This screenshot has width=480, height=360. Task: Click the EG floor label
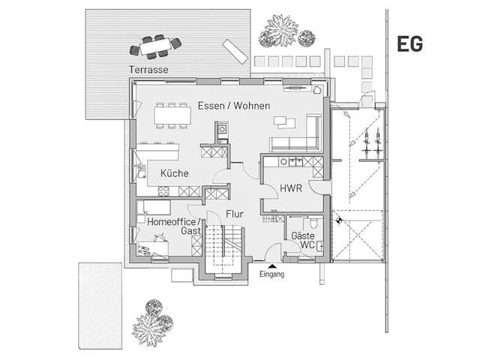[x=409, y=44]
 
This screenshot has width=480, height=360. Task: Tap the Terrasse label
[x=148, y=70]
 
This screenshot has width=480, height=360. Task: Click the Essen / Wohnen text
[x=234, y=106]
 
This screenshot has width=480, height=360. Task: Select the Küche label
[x=174, y=173]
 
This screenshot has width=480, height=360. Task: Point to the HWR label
[x=290, y=188]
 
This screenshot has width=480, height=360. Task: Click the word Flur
[x=235, y=214]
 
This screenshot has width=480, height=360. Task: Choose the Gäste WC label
[x=302, y=240]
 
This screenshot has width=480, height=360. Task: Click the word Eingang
[x=271, y=274]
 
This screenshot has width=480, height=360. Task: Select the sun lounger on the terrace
[x=235, y=51]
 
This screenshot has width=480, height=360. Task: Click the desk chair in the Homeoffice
[x=158, y=239]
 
